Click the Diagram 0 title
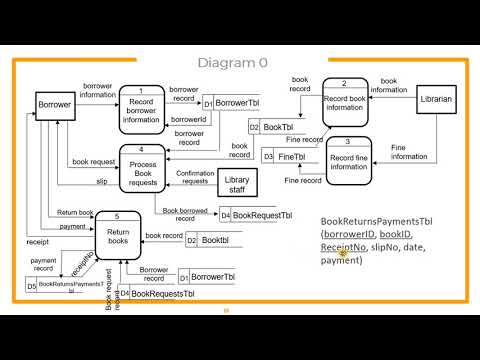[232, 63]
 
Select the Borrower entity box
[54, 104]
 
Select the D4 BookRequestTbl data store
[257, 215]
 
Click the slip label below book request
[101, 182]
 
